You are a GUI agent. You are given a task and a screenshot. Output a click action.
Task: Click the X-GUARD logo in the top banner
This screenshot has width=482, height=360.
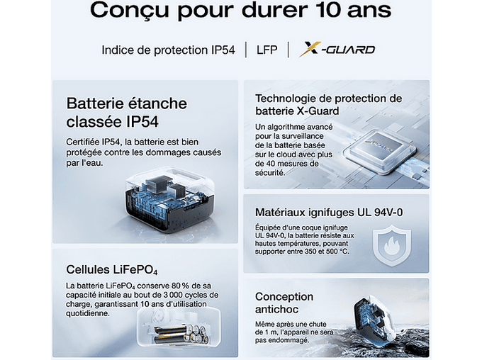pos(337,49)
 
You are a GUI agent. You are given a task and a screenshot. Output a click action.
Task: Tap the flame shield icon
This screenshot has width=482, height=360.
pos(391,245)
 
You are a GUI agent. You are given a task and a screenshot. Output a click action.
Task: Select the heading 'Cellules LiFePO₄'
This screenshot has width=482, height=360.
pos(112,269)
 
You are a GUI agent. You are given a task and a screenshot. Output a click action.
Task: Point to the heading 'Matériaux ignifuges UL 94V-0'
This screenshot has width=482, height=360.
pos(329,212)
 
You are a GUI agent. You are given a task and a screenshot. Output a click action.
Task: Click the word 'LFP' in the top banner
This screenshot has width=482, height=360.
pos(267,50)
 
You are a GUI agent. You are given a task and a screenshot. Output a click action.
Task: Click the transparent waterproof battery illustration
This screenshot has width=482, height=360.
pos(169,200)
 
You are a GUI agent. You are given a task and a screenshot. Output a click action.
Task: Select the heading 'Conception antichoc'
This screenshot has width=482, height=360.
pos(284,303)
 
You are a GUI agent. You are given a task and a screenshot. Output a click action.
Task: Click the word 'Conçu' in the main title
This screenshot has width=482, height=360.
pos(130,11)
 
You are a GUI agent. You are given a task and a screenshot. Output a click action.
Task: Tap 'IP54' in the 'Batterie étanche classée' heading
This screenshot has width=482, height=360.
pos(142,122)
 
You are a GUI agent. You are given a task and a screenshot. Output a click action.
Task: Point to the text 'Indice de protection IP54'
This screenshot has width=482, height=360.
pos(168,50)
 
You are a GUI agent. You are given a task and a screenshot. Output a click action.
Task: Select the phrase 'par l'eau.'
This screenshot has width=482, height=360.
pos(84,163)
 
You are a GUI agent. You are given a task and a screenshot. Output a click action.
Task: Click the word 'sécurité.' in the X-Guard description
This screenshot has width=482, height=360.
pos(270,172)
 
